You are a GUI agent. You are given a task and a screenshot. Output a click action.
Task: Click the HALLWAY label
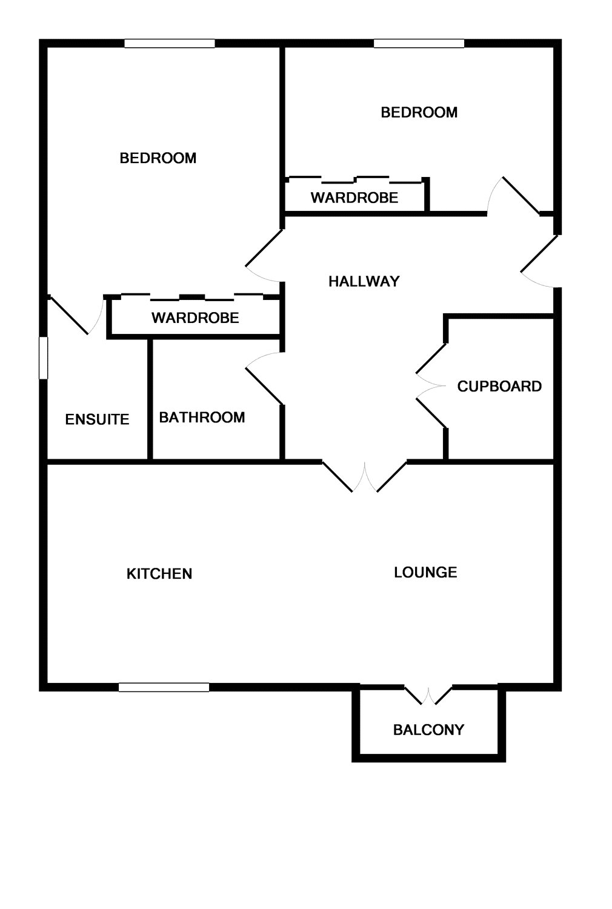tap(364, 281)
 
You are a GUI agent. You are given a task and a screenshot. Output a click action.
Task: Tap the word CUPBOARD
tap(499, 387)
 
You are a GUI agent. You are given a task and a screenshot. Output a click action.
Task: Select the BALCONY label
tap(428, 730)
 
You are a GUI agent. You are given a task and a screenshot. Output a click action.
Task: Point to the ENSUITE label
tap(97, 419)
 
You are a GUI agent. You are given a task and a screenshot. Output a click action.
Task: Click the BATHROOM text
tap(202, 418)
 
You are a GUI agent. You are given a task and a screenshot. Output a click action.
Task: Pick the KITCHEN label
tap(159, 574)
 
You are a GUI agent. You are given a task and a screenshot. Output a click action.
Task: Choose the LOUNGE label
tap(425, 572)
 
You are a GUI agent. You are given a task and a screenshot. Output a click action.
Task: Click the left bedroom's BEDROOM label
tap(158, 158)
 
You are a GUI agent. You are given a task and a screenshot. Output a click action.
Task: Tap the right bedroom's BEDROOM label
tap(419, 112)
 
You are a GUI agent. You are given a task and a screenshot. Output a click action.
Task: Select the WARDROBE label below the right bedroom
tap(354, 198)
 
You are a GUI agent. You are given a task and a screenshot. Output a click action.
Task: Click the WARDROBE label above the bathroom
tap(195, 318)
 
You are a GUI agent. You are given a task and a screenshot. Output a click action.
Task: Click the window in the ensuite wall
tap(43, 358)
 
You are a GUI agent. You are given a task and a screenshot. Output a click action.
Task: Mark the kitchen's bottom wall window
tap(164, 687)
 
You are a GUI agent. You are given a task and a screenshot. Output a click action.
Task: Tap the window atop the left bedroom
tap(170, 44)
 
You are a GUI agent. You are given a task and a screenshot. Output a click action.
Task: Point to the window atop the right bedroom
tap(419, 44)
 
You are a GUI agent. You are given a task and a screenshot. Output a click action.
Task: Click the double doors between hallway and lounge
tap(365, 477)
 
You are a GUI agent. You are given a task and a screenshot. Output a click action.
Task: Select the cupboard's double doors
tap(431, 385)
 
